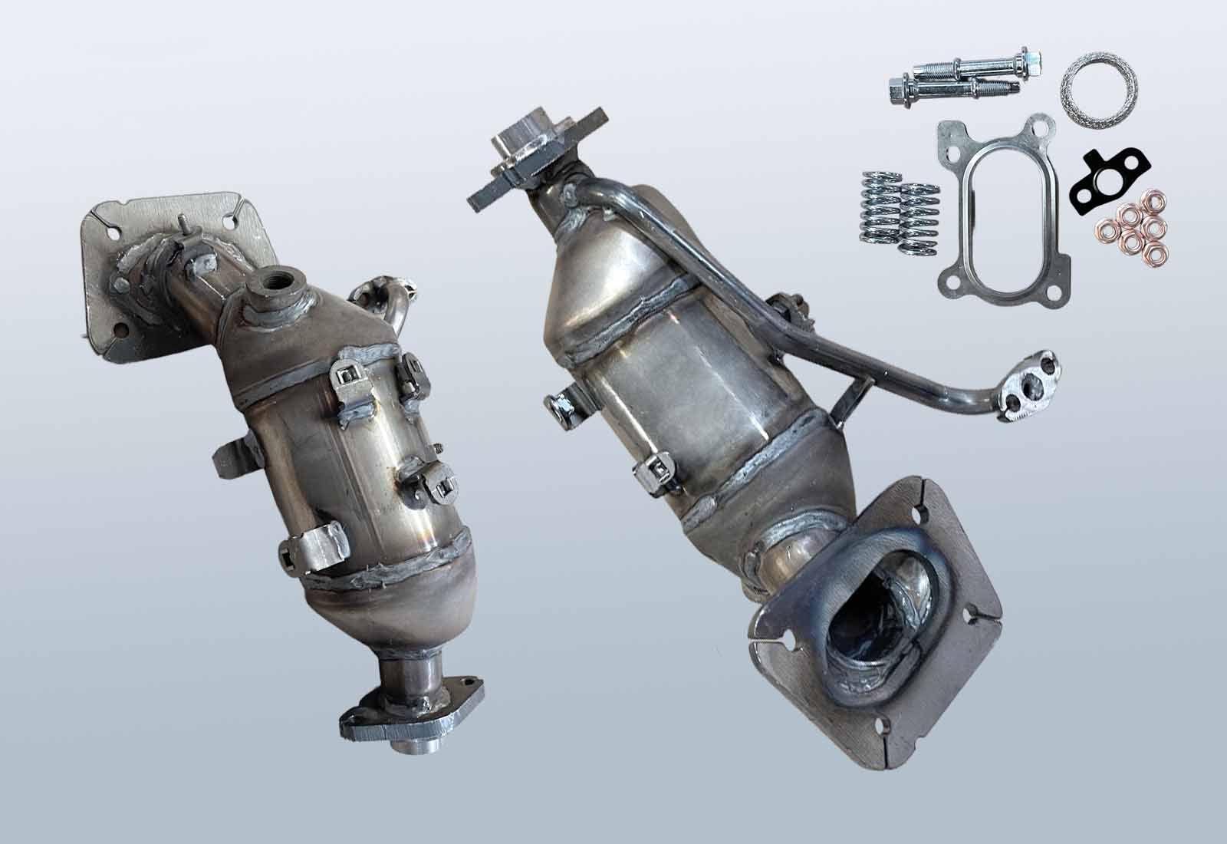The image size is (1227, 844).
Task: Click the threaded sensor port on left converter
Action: (x=275, y=285)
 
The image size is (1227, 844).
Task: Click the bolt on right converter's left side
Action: (x=564, y=407)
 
